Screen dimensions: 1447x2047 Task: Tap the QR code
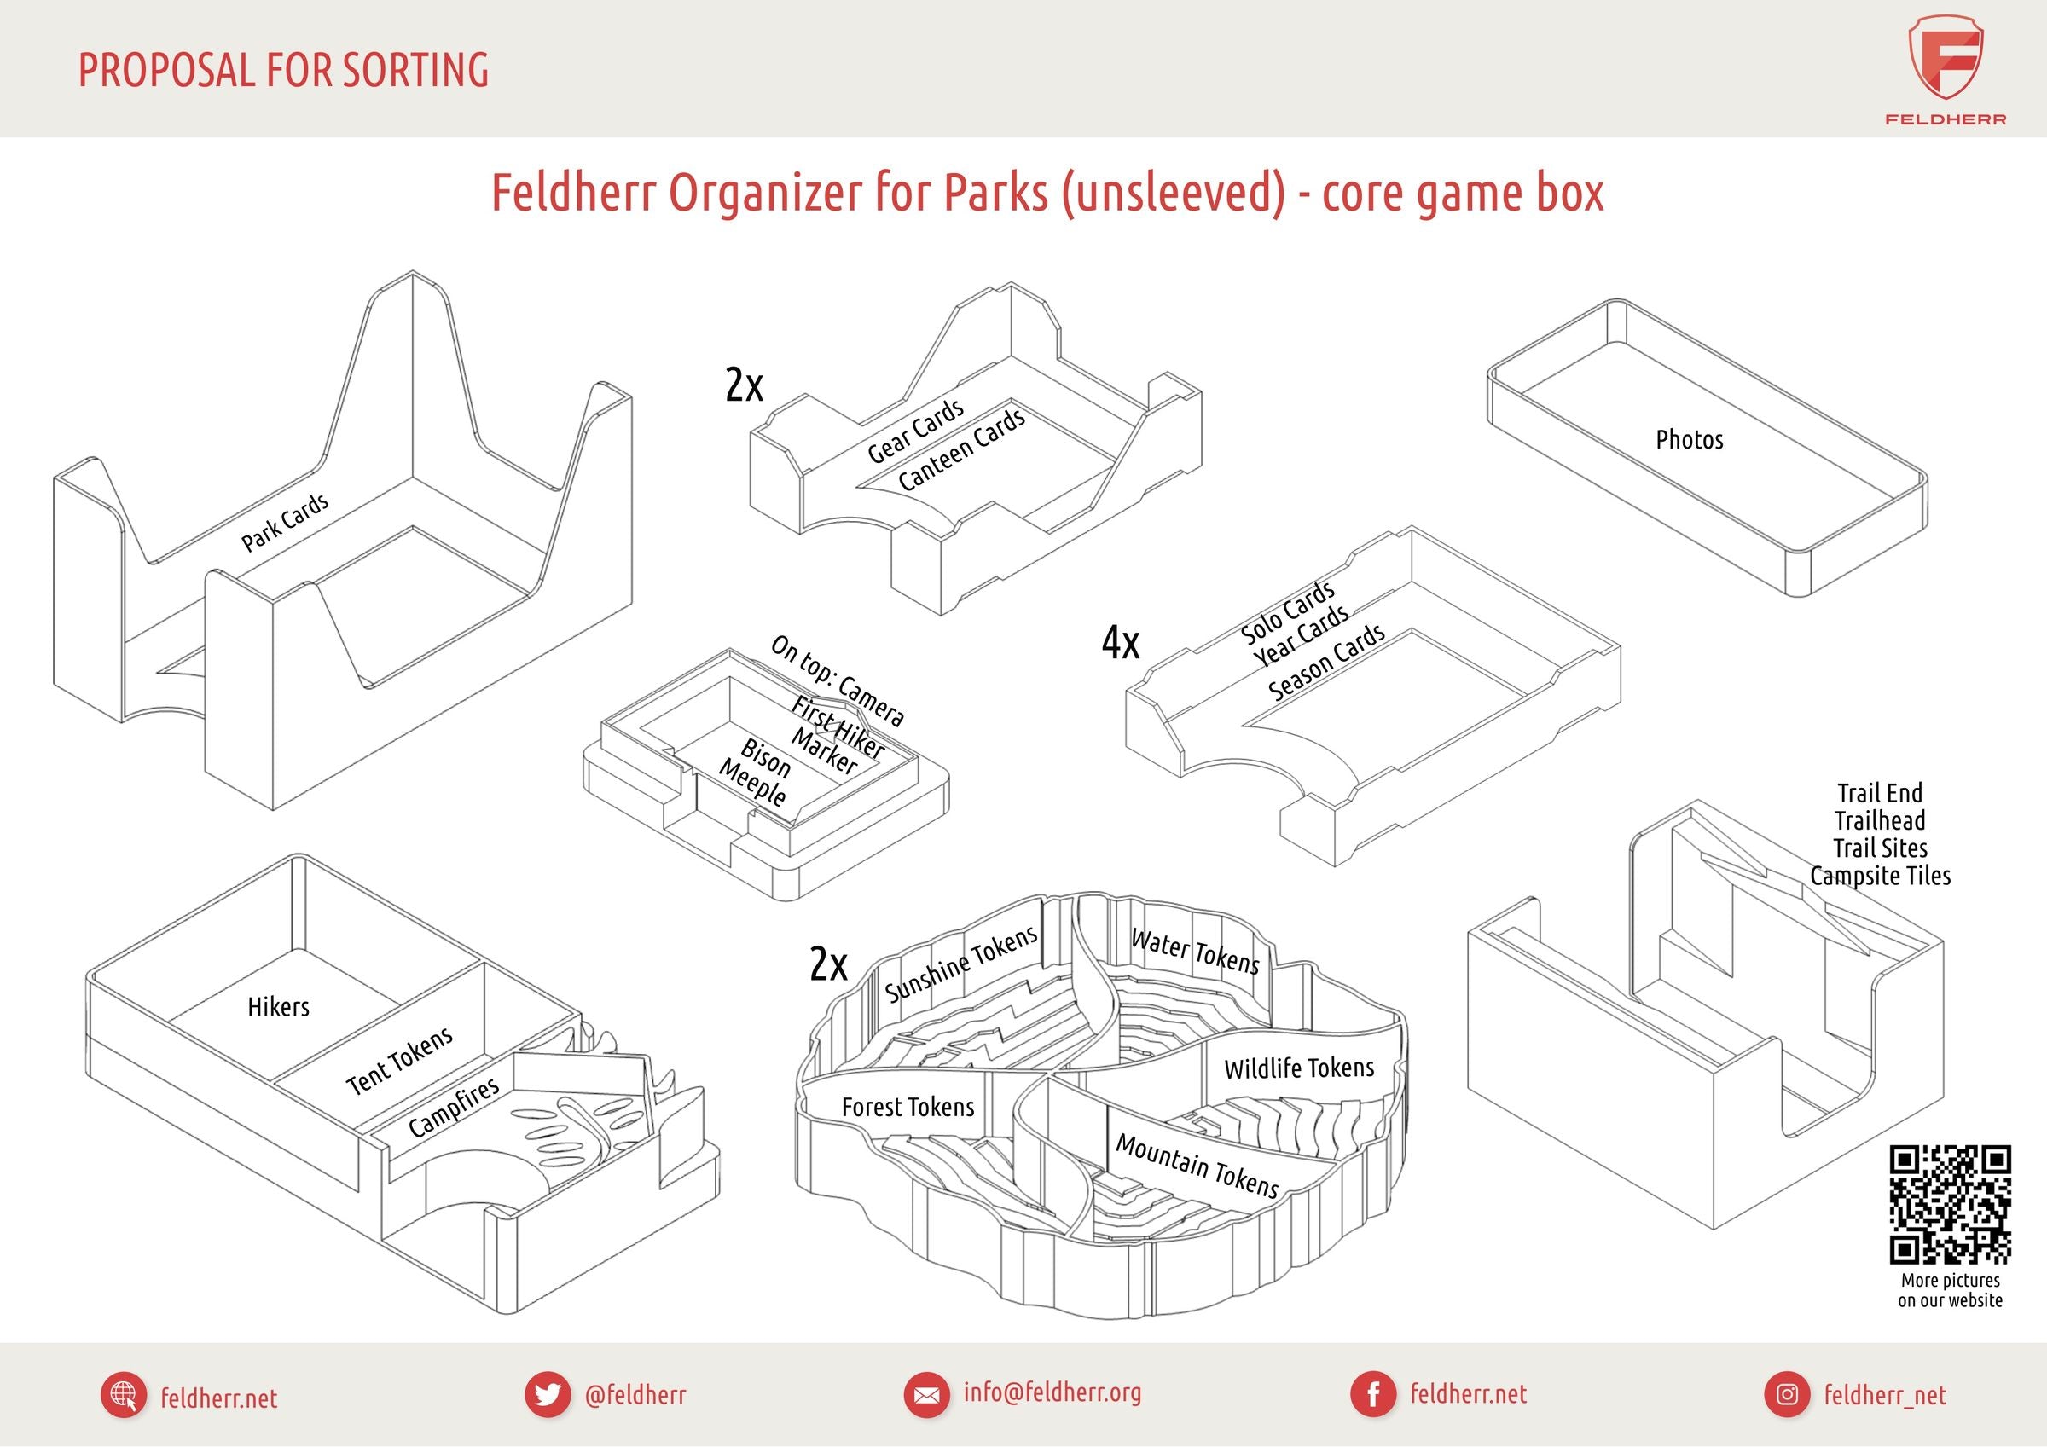(x=1950, y=1205)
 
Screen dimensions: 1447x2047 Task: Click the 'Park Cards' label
(x=284, y=523)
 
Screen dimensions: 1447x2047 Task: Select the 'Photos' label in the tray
(x=1689, y=439)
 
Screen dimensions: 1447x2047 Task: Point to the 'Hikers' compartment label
(x=278, y=1006)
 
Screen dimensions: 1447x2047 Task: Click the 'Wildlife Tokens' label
(x=1298, y=1068)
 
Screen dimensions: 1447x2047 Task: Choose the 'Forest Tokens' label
(x=908, y=1107)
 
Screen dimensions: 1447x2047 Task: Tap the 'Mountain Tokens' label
(x=1197, y=1166)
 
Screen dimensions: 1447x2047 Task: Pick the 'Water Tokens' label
(x=1195, y=952)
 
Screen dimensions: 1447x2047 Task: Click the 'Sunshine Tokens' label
(x=961, y=963)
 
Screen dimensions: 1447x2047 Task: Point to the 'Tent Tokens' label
(x=399, y=1061)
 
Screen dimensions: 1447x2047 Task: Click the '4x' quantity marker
(x=1120, y=642)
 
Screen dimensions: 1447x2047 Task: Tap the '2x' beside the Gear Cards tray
(x=744, y=385)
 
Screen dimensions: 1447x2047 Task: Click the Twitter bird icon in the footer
(x=547, y=1394)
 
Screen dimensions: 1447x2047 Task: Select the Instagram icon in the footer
(x=1787, y=1394)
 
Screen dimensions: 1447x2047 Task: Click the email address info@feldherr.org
(x=1052, y=1392)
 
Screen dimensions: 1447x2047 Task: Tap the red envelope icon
(x=926, y=1394)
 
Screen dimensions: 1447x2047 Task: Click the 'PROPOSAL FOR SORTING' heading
(x=283, y=71)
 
